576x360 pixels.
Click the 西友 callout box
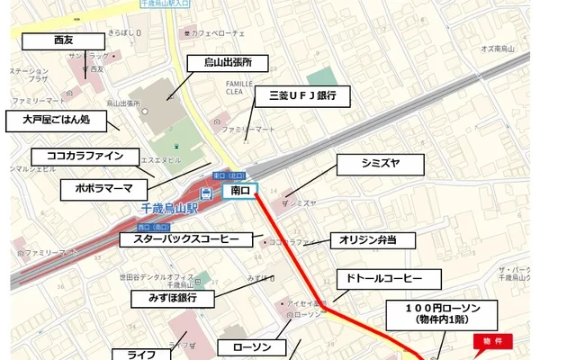pyautogui.click(x=63, y=41)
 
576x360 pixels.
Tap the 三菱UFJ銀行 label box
pyautogui.click(x=295, y=95)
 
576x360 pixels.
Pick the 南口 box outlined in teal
pyautogui.click(x=239, y=191)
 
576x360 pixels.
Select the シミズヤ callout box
pyautogui.click(x=379, y=165)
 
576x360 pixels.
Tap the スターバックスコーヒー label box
pyautogui.click(x=186, y=239)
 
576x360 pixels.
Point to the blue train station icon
pyautogui.click(x=206, y=193)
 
